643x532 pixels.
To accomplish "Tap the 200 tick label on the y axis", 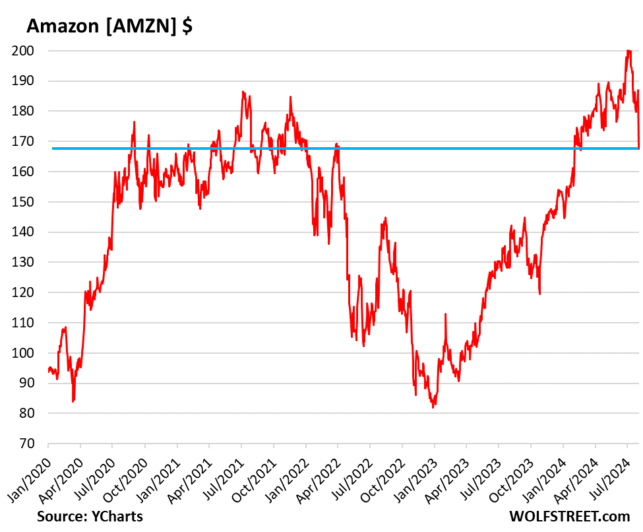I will [31, 51].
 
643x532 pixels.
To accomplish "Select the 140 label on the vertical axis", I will [31, 232].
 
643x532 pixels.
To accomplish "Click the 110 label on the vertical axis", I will [31, 323].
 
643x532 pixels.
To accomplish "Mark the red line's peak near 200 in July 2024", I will [628, 51].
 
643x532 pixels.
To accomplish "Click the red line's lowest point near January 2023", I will [433, 407].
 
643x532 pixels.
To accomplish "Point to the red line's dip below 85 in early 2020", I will [73, 401].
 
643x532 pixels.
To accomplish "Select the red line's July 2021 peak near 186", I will [243, 92].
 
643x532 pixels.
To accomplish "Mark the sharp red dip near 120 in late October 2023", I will [540, 294].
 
